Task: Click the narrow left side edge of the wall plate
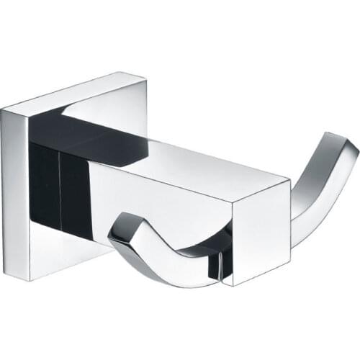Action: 14,194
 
